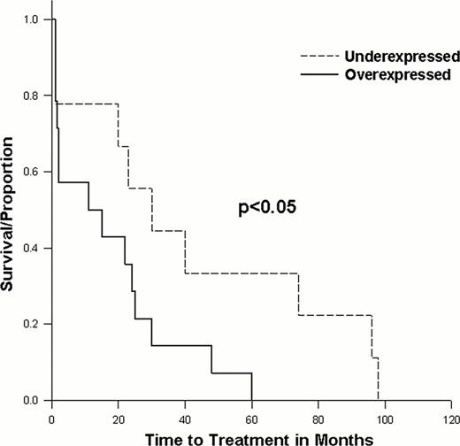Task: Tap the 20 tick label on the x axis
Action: pyautogui.click(x=119, y=416)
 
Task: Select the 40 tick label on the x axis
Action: pyautogui.click(x=185, y=416)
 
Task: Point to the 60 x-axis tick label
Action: pyautogui.click(x=252, y=416)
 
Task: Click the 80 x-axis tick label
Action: pyautogui.click(x=318, y=416)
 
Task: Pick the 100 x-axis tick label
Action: pyautogui.click(x=385, y=416)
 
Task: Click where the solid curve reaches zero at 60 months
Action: pyautogui.click(x=252, y=400)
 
